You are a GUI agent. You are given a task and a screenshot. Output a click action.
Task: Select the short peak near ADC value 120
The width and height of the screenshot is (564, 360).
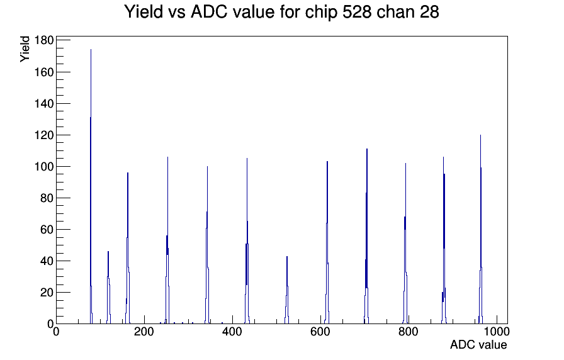tap(108, 288)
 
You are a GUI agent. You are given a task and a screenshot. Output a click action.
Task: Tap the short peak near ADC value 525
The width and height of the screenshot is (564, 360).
tap(287, 290)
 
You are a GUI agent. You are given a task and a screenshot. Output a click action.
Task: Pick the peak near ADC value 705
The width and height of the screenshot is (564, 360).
tap(366, 236)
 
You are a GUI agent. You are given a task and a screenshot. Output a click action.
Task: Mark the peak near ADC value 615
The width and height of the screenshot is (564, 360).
tap(327, 242)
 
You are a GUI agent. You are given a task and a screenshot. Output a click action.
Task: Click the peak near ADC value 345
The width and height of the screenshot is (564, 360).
tap(207, 245)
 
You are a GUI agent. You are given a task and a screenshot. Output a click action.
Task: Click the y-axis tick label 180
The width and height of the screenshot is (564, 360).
tap(44, 40)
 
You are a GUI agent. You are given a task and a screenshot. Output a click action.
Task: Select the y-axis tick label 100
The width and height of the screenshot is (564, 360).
tap(44, 167)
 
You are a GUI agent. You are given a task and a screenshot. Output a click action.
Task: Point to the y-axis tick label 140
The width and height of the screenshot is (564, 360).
tap(44, 104)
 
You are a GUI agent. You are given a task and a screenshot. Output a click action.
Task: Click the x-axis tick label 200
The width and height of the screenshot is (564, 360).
tap(144, 332)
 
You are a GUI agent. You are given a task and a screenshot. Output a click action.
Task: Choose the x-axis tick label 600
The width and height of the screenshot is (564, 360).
tap(320, 332)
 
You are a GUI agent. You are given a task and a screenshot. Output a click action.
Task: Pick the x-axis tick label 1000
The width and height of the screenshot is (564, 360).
tap(497, 332)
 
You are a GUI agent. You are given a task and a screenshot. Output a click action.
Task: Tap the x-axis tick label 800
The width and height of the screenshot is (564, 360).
tap(409, 332)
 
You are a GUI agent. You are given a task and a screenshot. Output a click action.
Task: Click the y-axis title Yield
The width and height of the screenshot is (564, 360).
tap(25, 49)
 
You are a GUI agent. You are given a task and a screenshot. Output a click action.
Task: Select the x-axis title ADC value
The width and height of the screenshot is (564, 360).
tap(478, 344)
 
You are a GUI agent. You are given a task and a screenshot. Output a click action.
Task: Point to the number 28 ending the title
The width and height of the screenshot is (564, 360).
tap(429, 12)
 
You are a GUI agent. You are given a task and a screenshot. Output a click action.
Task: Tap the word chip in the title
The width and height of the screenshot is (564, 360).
tap(322, 13)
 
